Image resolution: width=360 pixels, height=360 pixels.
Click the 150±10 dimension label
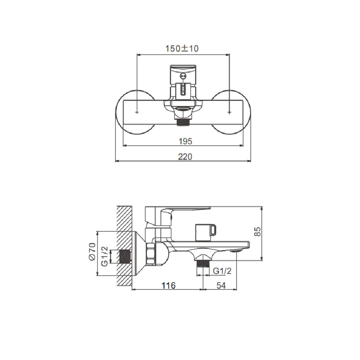point(182,49)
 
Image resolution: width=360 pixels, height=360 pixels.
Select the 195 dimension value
point(185,141)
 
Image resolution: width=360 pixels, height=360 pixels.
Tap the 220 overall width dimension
point(185,157)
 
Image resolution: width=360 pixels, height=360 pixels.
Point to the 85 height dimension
point(258,232)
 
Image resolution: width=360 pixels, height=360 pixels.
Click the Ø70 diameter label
point(92,251)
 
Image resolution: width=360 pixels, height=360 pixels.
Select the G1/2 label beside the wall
point(105,256)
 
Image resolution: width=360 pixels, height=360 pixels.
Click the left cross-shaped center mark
point(137,112)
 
